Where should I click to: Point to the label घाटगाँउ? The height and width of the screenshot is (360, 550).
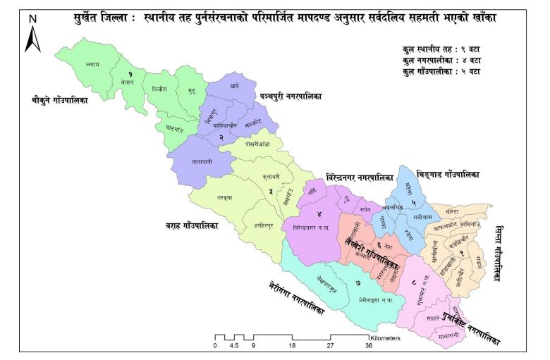[x=172, y=128]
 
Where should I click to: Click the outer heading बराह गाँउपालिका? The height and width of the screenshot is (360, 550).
[x=187, y=226]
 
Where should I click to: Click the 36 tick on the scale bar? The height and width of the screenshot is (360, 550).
[x=368, y=346]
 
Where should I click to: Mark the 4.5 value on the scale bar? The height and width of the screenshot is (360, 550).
[x=235, y=346]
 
